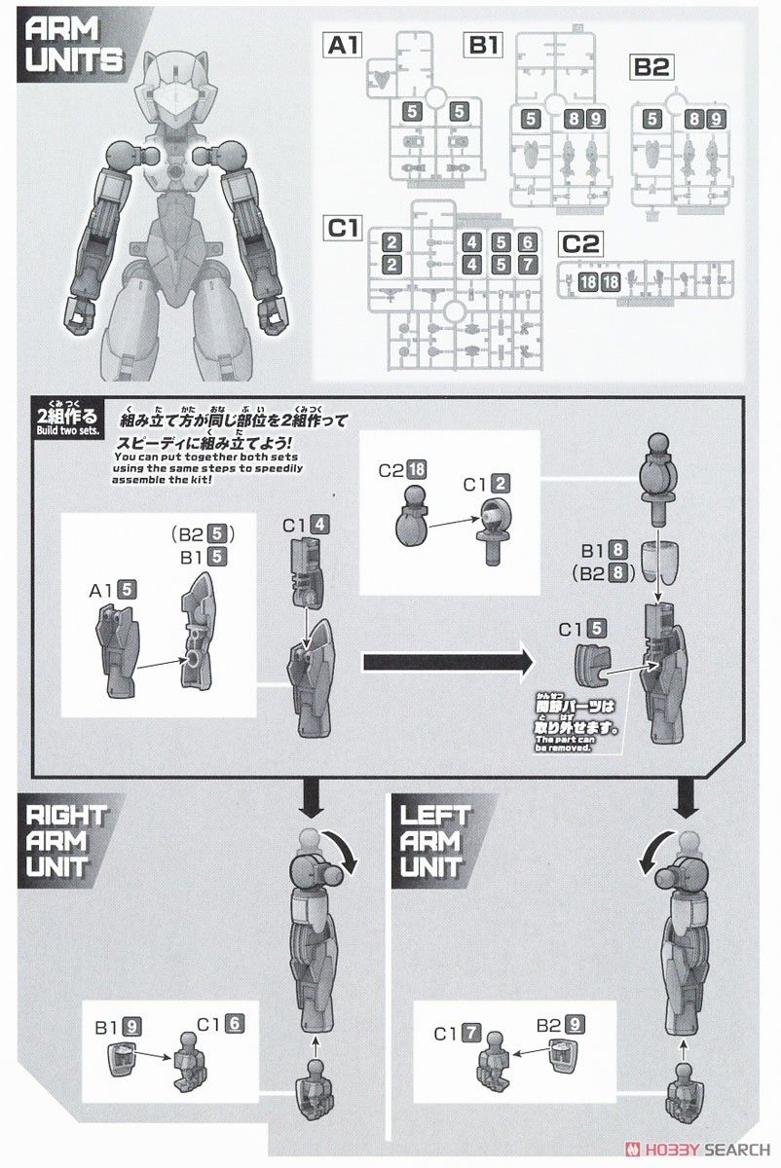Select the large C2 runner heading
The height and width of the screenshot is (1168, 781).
coord(581,243)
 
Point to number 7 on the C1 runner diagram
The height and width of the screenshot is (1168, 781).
coord(527,264)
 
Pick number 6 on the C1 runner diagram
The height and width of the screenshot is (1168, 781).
coord(527,242)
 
